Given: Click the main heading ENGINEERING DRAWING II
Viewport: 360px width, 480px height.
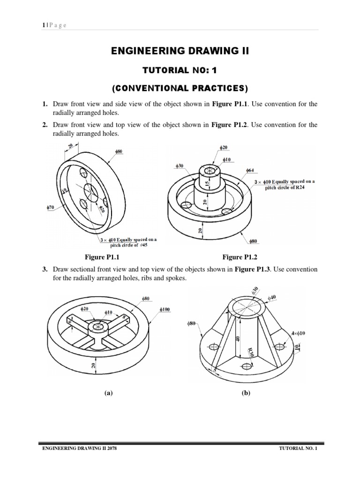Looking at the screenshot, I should [180, 51].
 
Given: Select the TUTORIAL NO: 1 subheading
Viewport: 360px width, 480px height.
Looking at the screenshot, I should [180, 70].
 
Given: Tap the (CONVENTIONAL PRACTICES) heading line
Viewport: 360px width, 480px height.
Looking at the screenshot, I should [180, 88].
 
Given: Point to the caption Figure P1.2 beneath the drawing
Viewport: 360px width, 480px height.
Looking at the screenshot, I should [240, 257].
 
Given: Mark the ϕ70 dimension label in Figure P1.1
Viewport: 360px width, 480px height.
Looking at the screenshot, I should [51, 206].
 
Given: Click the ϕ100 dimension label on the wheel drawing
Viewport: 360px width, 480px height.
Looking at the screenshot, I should [165, 310].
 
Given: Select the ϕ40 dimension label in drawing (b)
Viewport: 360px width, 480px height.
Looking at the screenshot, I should [272, 298].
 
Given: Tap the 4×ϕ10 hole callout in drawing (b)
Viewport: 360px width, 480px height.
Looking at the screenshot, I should [298, 333].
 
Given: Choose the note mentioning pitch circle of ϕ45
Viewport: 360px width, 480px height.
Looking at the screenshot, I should [128, 242].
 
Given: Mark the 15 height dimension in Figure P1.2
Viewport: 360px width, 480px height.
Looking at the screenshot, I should [206, 185].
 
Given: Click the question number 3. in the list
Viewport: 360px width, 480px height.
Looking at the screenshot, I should [45, 270].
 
